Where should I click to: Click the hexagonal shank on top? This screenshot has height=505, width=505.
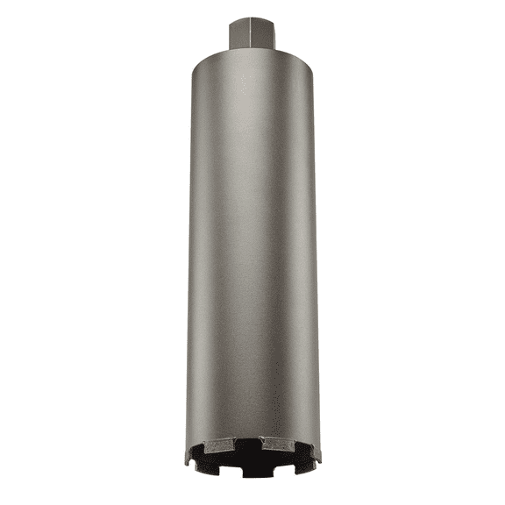[252, 33]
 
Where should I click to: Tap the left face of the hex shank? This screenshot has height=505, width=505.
[241, 34]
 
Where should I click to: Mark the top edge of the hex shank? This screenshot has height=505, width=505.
[252, 18]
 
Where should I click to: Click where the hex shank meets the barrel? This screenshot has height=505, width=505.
[252, 50]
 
